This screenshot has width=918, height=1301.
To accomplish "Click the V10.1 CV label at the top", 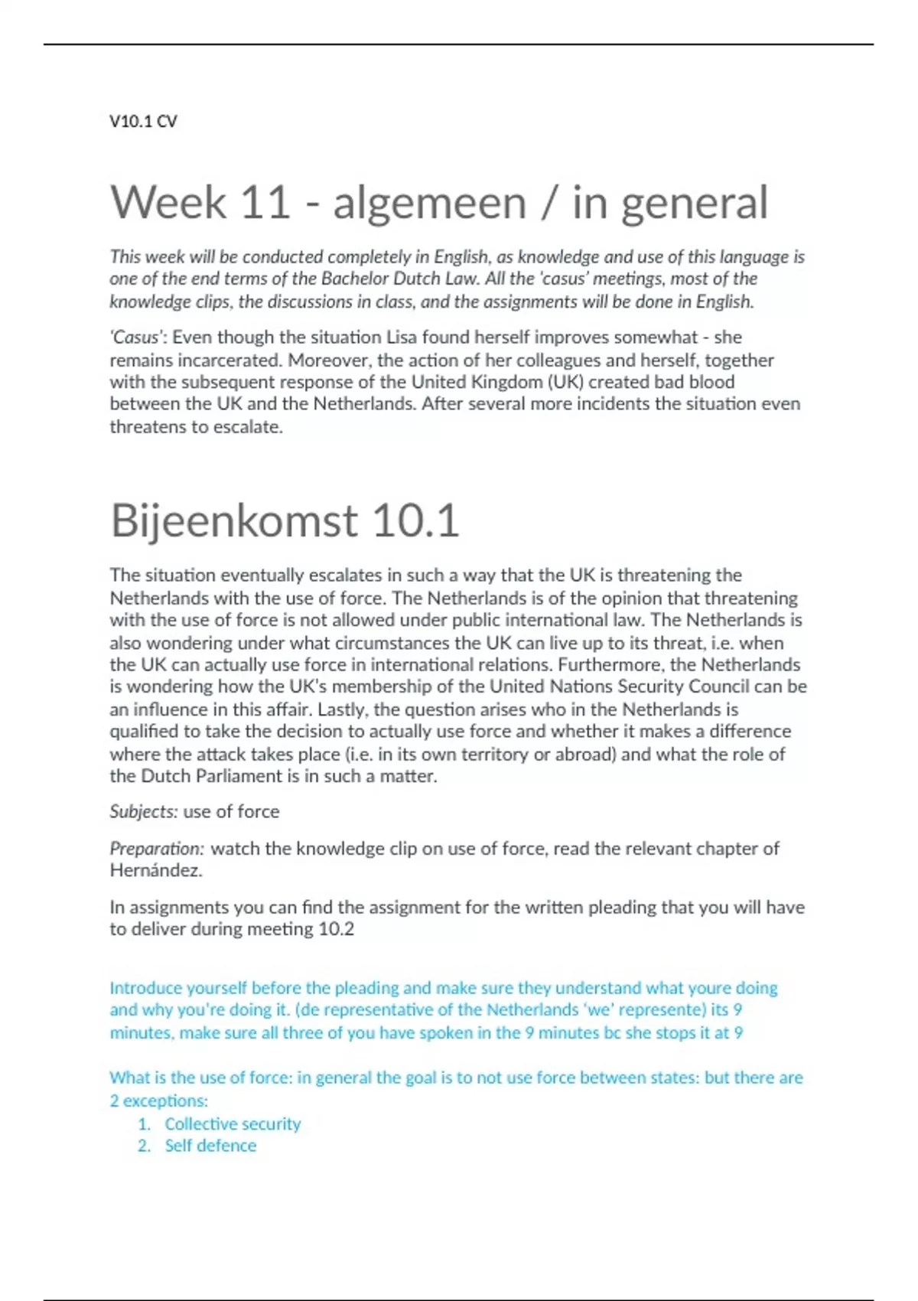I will pyautogui.click(x=143, y=121).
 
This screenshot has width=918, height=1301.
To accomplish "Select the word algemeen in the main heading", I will pyautogui.click(x=429, y=203).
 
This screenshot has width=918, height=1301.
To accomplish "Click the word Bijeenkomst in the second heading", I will pyautogui.click(x=234, y=520).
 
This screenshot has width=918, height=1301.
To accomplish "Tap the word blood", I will pyautogui.click(x=712, y=382).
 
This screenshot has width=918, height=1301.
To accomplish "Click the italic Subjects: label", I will pyautogui.click(x=144, y=811).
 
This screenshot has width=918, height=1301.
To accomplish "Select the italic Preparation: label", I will pyautogui.click(x=157, y=848).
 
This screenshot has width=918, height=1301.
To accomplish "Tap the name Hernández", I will pyautogui.click(x=156, y=870).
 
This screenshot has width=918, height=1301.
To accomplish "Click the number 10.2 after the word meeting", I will pyautogui.click(x=336, y=929).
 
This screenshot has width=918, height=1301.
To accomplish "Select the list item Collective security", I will pyautogui.click(x=233, y=1123).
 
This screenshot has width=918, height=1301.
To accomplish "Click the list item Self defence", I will pyautogui.click(x=210, y=1146).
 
